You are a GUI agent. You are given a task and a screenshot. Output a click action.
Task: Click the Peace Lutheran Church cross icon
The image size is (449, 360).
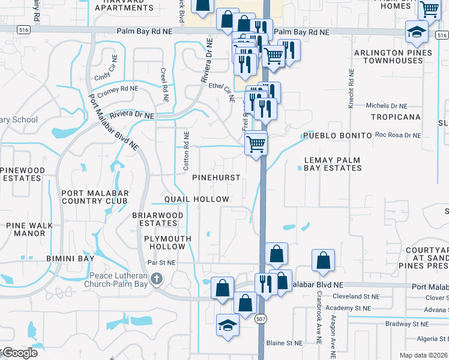157,278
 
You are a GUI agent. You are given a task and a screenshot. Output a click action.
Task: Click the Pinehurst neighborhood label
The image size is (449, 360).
216,178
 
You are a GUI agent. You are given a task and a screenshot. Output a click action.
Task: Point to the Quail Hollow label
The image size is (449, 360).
197,199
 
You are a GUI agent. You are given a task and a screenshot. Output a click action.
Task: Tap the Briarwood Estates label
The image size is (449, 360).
155,219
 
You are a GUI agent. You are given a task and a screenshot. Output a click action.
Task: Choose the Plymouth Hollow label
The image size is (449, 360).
167,242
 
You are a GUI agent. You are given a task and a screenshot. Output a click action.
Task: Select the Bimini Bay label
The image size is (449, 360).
70,259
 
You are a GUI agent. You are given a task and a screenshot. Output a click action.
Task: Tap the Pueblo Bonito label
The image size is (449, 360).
337,136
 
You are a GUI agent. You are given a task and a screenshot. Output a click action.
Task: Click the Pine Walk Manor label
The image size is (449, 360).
29,229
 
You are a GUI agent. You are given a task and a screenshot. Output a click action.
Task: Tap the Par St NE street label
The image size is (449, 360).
161,263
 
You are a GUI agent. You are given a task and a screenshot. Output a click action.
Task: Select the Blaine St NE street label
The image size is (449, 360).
286,343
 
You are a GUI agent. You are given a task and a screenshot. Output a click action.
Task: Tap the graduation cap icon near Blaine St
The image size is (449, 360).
228,325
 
